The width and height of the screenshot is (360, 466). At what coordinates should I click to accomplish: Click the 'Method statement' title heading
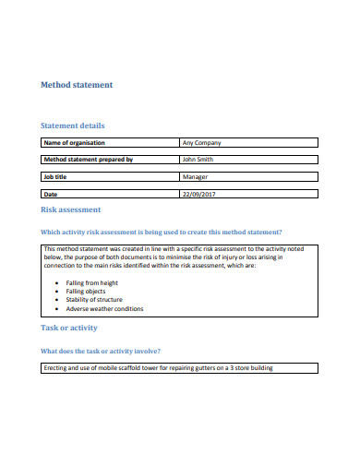[x=78, y=85]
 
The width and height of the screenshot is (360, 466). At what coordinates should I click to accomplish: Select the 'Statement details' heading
[x=73, y=125]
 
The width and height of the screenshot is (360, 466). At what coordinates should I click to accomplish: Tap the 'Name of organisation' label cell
[x=75, y=143]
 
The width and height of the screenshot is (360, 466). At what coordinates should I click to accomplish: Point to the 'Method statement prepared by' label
[x=89, y=160]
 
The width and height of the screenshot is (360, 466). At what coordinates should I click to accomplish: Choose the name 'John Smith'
[x=202, y=160]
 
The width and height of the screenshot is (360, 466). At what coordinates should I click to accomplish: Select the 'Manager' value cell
[x=196, y=177]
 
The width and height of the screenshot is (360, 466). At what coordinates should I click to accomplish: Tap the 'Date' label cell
[x=52, y=195]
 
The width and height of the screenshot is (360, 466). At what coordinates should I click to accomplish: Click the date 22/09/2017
[x=200, y=195]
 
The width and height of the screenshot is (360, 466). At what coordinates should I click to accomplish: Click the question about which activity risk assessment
[x=162, y=232]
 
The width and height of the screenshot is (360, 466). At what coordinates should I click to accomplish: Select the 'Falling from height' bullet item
[x=92, y=282]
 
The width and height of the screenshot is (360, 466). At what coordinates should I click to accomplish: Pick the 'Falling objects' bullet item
[x=87, y=292]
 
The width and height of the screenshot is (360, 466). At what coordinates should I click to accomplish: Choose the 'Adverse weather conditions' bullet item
[x=105, y=309]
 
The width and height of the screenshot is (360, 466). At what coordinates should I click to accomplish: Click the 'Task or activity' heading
[x=69, y=329]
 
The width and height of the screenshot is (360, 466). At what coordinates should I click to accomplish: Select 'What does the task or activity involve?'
[x=102, y=351]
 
